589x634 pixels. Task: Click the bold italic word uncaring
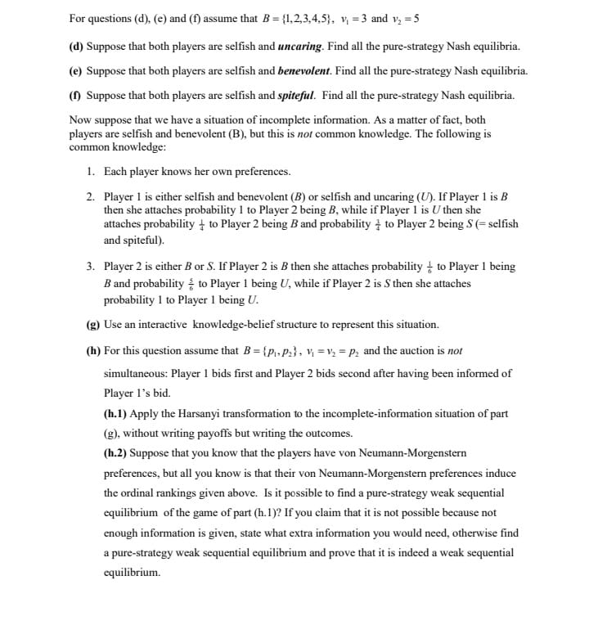pos(302,47)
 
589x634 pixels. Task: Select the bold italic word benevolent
pos(307,71)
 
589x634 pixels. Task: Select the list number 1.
pos(91,172)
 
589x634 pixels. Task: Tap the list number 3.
pos(91,267)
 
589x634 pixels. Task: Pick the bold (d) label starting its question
pos(76,47)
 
